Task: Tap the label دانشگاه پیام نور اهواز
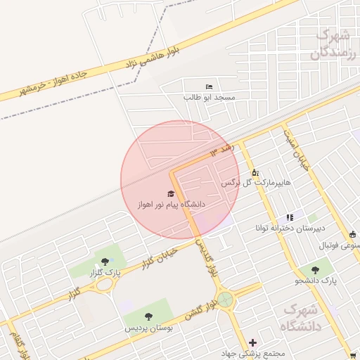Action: (x=171, y=204)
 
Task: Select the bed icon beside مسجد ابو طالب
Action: (x=208, y=86)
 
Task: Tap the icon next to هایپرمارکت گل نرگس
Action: (x=255, y=172)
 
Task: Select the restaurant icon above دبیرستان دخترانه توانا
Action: (x=289, y=218)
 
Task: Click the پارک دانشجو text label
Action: (x=317, y=281)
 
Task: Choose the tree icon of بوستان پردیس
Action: (x=148, y=317)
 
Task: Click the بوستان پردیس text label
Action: (x=148, y=328)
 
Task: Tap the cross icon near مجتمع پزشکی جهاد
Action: (x=252, y=342)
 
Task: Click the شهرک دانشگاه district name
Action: (x=302, y=317)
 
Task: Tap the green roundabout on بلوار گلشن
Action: (x=225, y=300)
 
